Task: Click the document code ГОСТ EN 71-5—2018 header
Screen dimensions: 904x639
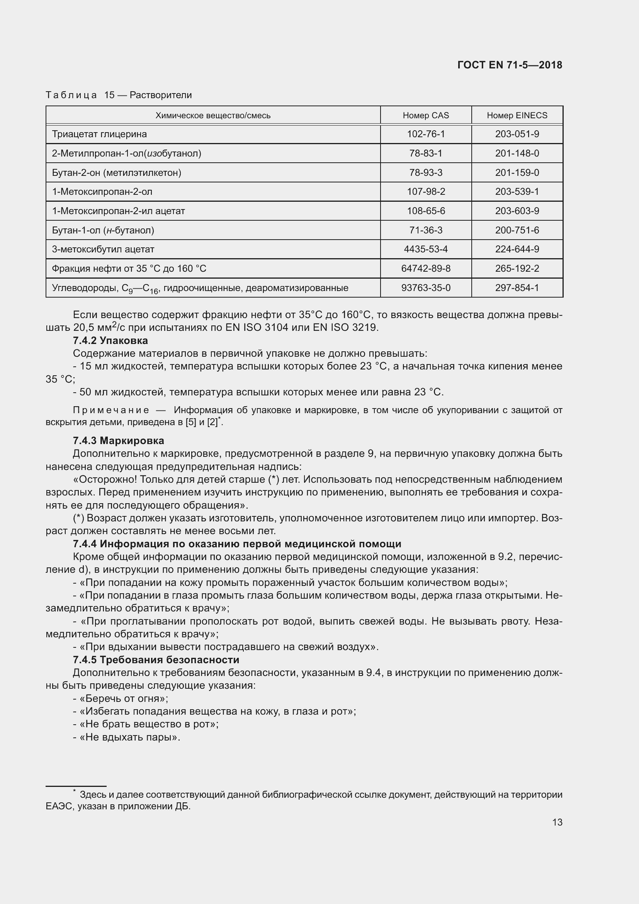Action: (510, 65)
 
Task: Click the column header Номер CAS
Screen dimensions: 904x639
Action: (425, 115)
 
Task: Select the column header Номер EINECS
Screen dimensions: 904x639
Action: (517, 115)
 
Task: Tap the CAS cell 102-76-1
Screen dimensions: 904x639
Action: (425, 134)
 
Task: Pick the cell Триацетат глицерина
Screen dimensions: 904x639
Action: (99, 134)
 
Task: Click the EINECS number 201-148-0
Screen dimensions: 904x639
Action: (517, 153)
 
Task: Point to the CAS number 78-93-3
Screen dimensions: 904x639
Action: (425, 173)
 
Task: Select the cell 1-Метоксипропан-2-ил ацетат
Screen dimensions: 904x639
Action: (118, 211)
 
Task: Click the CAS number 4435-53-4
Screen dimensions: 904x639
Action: (425, 249)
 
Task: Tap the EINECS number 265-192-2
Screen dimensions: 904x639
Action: (517, 269)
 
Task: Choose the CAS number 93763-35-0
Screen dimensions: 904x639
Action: (425, 288)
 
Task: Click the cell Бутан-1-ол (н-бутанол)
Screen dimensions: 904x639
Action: (103, 230)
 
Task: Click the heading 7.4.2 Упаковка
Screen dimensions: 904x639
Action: (110, 340)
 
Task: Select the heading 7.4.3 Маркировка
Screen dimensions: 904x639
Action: (119, 440)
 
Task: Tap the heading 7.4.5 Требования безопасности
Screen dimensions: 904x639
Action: (156, 659)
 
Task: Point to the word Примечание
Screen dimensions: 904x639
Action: (111, 410)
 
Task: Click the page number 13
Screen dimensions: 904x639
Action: (557, 822)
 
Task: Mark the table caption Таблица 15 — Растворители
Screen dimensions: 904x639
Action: (119, 95)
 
